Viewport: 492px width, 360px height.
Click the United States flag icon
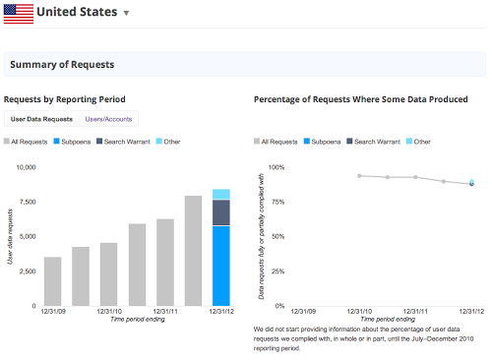tap(19, 13)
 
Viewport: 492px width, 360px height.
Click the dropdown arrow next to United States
tap(126, 14)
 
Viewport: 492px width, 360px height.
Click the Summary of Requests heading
tap(62, 65)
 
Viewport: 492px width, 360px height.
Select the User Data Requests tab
tap(41, 119)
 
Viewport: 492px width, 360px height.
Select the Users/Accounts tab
tap(109, 119)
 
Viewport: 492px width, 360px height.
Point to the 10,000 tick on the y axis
tap(22, 167)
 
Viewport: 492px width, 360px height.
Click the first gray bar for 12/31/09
tap(53, 281)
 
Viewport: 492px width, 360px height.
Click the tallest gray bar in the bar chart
tap(193, 251)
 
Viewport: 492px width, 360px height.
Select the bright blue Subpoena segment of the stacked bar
tap(221, 266)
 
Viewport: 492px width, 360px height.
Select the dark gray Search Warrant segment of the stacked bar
tap(221, 212)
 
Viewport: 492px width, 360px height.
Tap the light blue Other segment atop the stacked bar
tap(221, 194)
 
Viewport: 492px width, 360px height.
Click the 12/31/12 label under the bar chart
tap(221, 312)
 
